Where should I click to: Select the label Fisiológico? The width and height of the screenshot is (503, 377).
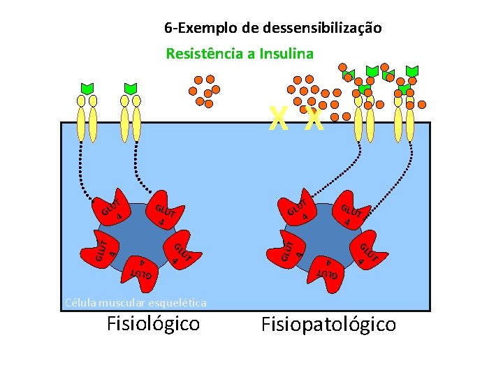[x=153, y=323]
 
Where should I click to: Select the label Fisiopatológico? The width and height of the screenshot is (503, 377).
[x=328, y=324]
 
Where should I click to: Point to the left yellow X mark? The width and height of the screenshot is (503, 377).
[x=279, y=121]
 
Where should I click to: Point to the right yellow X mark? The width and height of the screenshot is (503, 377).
[x=314, y=121]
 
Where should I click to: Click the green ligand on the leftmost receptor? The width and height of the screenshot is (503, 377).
[x=87, y=88]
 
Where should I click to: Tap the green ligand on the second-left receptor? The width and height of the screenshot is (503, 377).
[x=131, y=88]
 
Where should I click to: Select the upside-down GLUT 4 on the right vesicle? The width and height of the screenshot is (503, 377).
[x=328, y=268]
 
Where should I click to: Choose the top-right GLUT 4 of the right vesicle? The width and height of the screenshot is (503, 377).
[x=351, y=213]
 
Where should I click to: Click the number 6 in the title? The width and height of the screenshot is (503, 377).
[x=168, y=28]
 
